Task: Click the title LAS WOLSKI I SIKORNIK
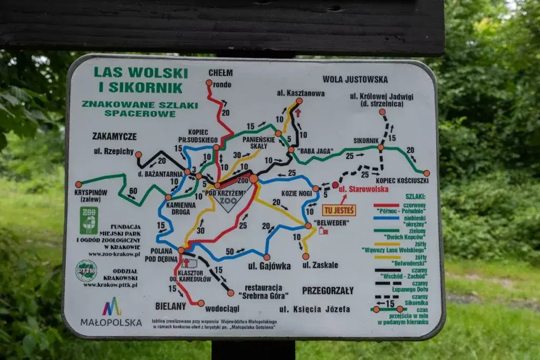pyautogui.click(x=140, y=80)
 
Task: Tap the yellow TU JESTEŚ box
pyautogui.click(x=339, y=210)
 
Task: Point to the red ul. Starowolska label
pyautogui.click(x=363, y=189)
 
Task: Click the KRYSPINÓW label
pyautogui.click(x=91, y=193)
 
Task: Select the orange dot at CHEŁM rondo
pyautogui.click(x=209, y=83)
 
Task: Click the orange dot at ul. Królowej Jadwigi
pyautogui.click(x=382, y=112)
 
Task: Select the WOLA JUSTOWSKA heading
pyautogui.click(x=355, y=80)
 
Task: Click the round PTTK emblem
pyautogui.click(x=86, y=271)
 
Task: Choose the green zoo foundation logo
pyautogui.click(x=89, y=220)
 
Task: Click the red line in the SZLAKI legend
pyautogui.click(x=387, y=206)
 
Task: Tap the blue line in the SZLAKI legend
pyautogui.click(x=387, y=218)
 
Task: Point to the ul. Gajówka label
pyautogui.click(x=269, y=266)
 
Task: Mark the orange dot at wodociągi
pyautogui.click(x=201, y=303)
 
